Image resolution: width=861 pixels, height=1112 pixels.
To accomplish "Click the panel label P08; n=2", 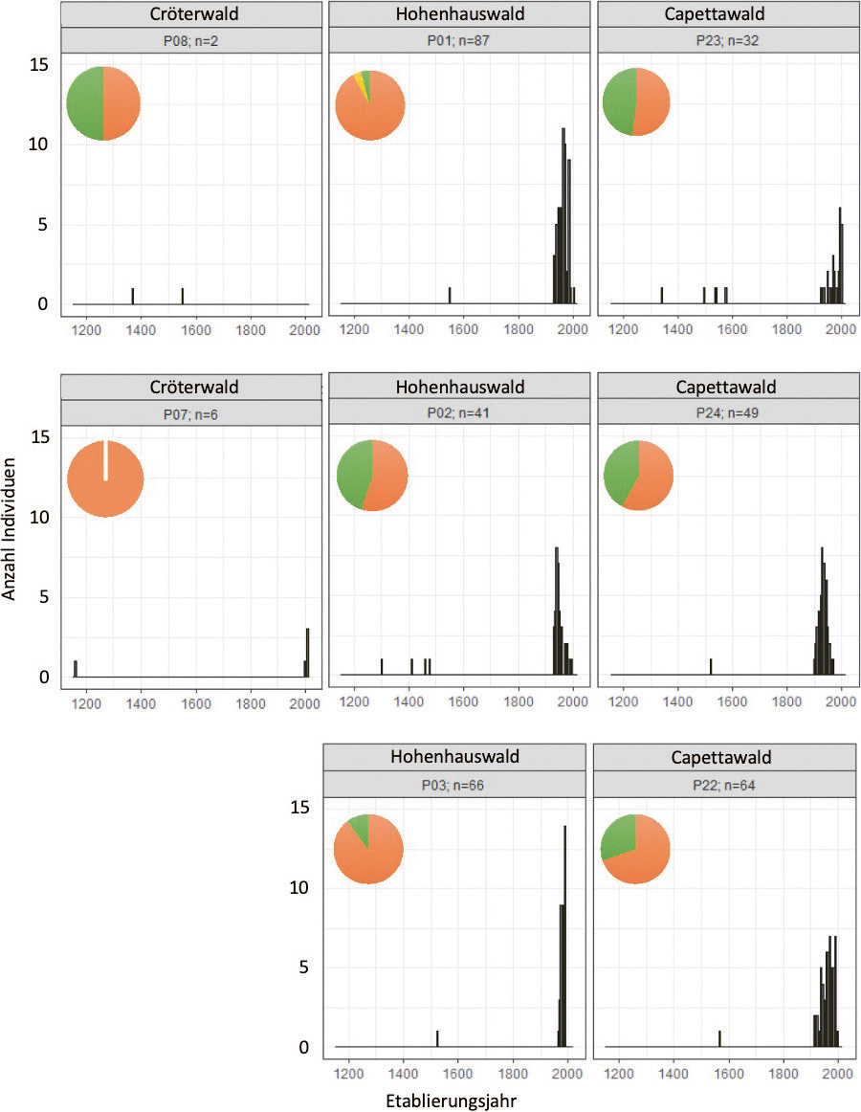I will pyautogui.click(x=188, y=41).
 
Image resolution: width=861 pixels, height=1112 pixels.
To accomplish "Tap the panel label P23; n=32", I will pyautogui.click(x=728, y=41).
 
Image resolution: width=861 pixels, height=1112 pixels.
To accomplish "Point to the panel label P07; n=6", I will pyautogui.click(x=188, y=412).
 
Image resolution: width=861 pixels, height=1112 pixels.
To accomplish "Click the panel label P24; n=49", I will pyautogui.click(x=728, y=412).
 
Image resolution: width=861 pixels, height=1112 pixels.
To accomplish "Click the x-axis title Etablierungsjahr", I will pyautogui.click(x=454, y=1101).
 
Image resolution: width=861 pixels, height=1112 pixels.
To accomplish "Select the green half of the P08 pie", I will pyautogui.click(x=84, y=104).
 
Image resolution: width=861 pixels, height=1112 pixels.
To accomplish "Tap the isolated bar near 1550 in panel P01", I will pyautogui.click(x=450, y=296).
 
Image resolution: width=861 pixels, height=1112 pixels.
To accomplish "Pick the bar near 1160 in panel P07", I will pyautogui.click(x=76, y=668).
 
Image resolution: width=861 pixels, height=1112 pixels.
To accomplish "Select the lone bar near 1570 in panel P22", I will pyautogui.click(x=719, y=1039).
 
